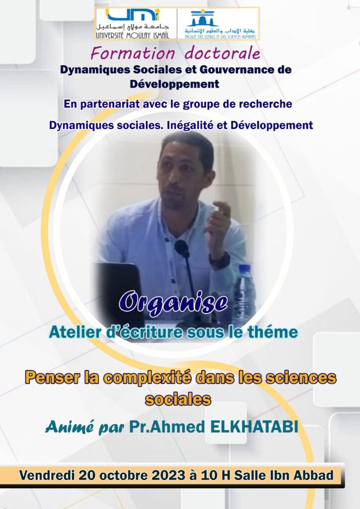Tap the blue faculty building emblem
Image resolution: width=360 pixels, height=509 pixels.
point(202,18)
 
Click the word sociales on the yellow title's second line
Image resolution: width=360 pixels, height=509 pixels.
point(178,399)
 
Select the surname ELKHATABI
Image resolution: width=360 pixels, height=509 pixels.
point(254,427)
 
